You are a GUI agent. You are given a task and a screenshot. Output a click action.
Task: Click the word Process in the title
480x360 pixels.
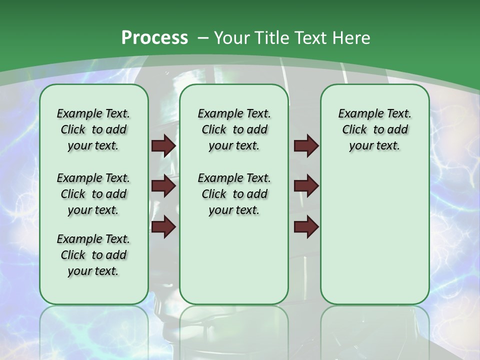point(154,37)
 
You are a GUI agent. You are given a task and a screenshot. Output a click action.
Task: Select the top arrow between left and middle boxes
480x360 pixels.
point(163,145)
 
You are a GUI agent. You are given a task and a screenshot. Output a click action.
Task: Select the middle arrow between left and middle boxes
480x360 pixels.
point(163,186)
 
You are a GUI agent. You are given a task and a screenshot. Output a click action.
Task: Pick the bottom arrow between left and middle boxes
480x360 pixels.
point(163,226)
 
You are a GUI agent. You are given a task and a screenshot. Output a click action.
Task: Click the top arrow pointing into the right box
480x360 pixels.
point(306,145)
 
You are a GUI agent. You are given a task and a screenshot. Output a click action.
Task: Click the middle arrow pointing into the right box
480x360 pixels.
point(306,186)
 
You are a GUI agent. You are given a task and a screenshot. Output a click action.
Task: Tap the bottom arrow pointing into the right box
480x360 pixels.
point(306,226)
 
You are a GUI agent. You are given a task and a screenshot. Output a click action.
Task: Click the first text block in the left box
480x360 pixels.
point(93,129)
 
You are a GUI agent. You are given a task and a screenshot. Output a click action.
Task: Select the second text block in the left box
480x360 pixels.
point(93,194)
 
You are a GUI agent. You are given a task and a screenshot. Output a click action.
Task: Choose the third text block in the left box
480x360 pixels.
point(93,255)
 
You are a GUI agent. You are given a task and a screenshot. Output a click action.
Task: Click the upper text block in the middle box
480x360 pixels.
point(234,129)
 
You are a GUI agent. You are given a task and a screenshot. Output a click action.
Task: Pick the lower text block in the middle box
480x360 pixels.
point(234,194)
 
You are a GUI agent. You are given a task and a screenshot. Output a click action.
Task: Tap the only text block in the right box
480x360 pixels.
point(374,129)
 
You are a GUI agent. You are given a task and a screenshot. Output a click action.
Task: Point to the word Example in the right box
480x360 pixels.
point(356,114)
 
